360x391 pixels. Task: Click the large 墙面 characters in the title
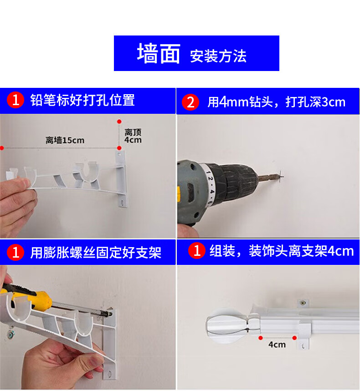coord(158,53)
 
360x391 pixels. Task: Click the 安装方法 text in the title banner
coord(218,56)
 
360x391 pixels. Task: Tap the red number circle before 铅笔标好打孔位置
coord(15,100)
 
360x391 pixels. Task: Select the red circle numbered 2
coord(190,102)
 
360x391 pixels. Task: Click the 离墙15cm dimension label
coord(65,140)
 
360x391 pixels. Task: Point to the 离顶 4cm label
coord(133,136)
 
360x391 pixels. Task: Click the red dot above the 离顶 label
coord(119,122)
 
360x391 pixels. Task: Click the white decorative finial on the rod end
coord(226,325)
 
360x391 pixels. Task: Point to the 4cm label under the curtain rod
coord(277,345)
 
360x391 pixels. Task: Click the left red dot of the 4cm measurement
coord(261,338)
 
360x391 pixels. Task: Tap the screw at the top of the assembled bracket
coord(303,303)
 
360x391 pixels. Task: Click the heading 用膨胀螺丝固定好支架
coord(96,252)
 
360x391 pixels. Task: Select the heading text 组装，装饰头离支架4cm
coord(281,251)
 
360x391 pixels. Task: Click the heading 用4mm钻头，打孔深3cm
coord(276,102)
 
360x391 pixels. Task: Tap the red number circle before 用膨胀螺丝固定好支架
coord(15,252)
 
